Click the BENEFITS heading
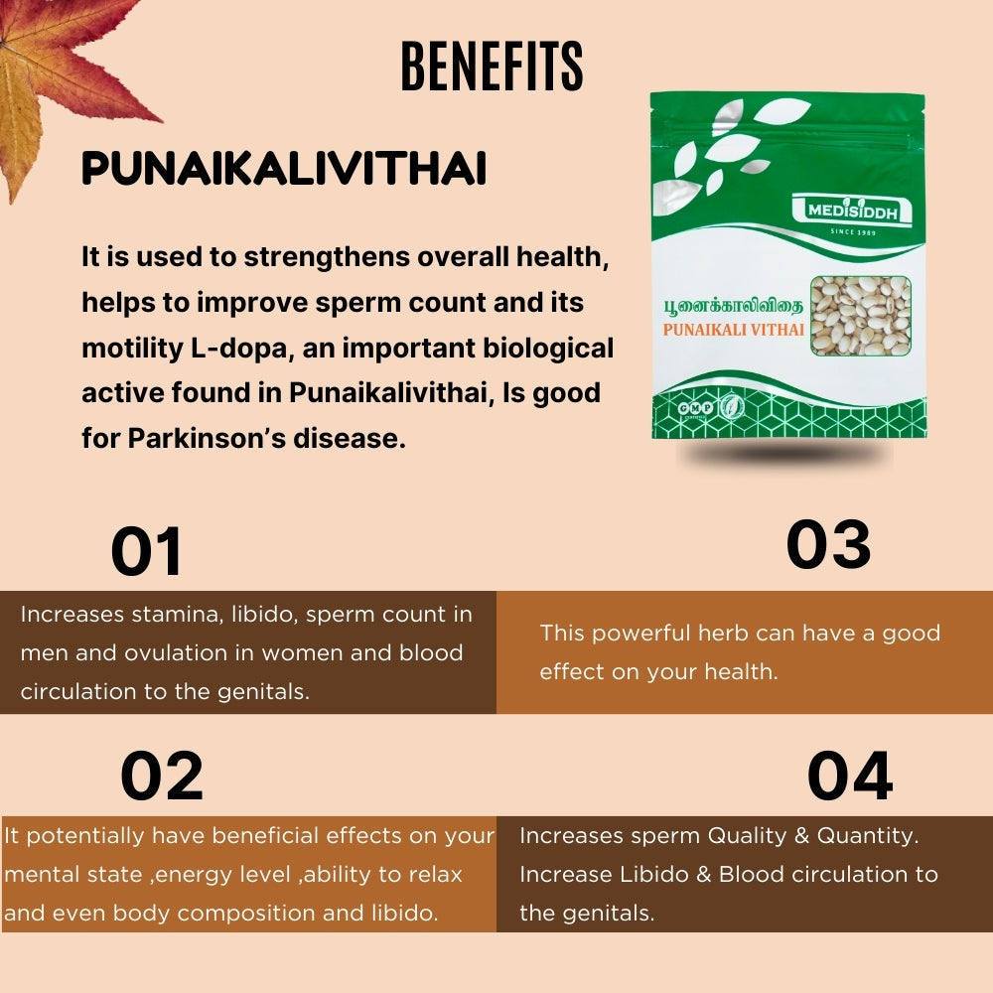click(x=492, y=68)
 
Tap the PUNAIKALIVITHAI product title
click(x=284, y=169)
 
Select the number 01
click(x=147, y=552)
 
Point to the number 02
click(x=162, y=777)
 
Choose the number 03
click(x=828, y=544)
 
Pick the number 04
click(x=850, y=777)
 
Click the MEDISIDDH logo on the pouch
click(x=852, y=212)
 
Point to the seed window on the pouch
click(x=861, y=316)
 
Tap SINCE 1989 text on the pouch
click(x=853, y=232)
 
